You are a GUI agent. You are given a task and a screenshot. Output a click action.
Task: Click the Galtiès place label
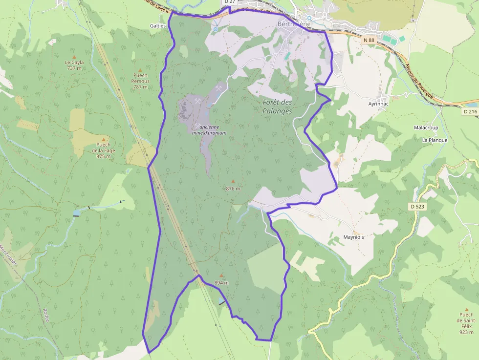[x=158, y=25]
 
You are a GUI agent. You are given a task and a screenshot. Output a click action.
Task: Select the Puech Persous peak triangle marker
[x=140, y=70]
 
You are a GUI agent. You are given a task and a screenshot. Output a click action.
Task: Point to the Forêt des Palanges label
[x=277, y=106]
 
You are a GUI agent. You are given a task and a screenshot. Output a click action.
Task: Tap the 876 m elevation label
[x=233, y=189]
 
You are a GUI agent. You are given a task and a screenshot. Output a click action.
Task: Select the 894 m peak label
[x=221, y=283]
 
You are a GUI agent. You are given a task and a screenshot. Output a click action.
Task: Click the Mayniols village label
[x=353, y=237]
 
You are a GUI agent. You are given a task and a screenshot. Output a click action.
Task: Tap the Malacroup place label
[x=426, y=127]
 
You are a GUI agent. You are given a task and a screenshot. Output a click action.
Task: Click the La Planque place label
[x=435, y=140]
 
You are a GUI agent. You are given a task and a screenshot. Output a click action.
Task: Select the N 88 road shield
[x=369, y=40]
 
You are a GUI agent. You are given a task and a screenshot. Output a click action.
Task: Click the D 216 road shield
[x=470, y=111]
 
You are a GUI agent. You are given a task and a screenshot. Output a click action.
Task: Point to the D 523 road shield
[x=417, y=207]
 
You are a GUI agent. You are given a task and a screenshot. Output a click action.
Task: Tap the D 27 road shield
[x=229, y=2]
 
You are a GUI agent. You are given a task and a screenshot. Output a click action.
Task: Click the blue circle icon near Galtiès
[x=215, y=29]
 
